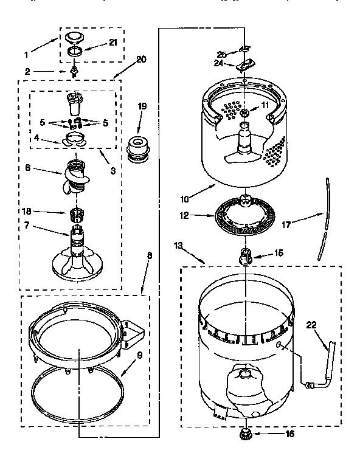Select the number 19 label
tap(141, 106)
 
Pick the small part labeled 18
tap(77, 214)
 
